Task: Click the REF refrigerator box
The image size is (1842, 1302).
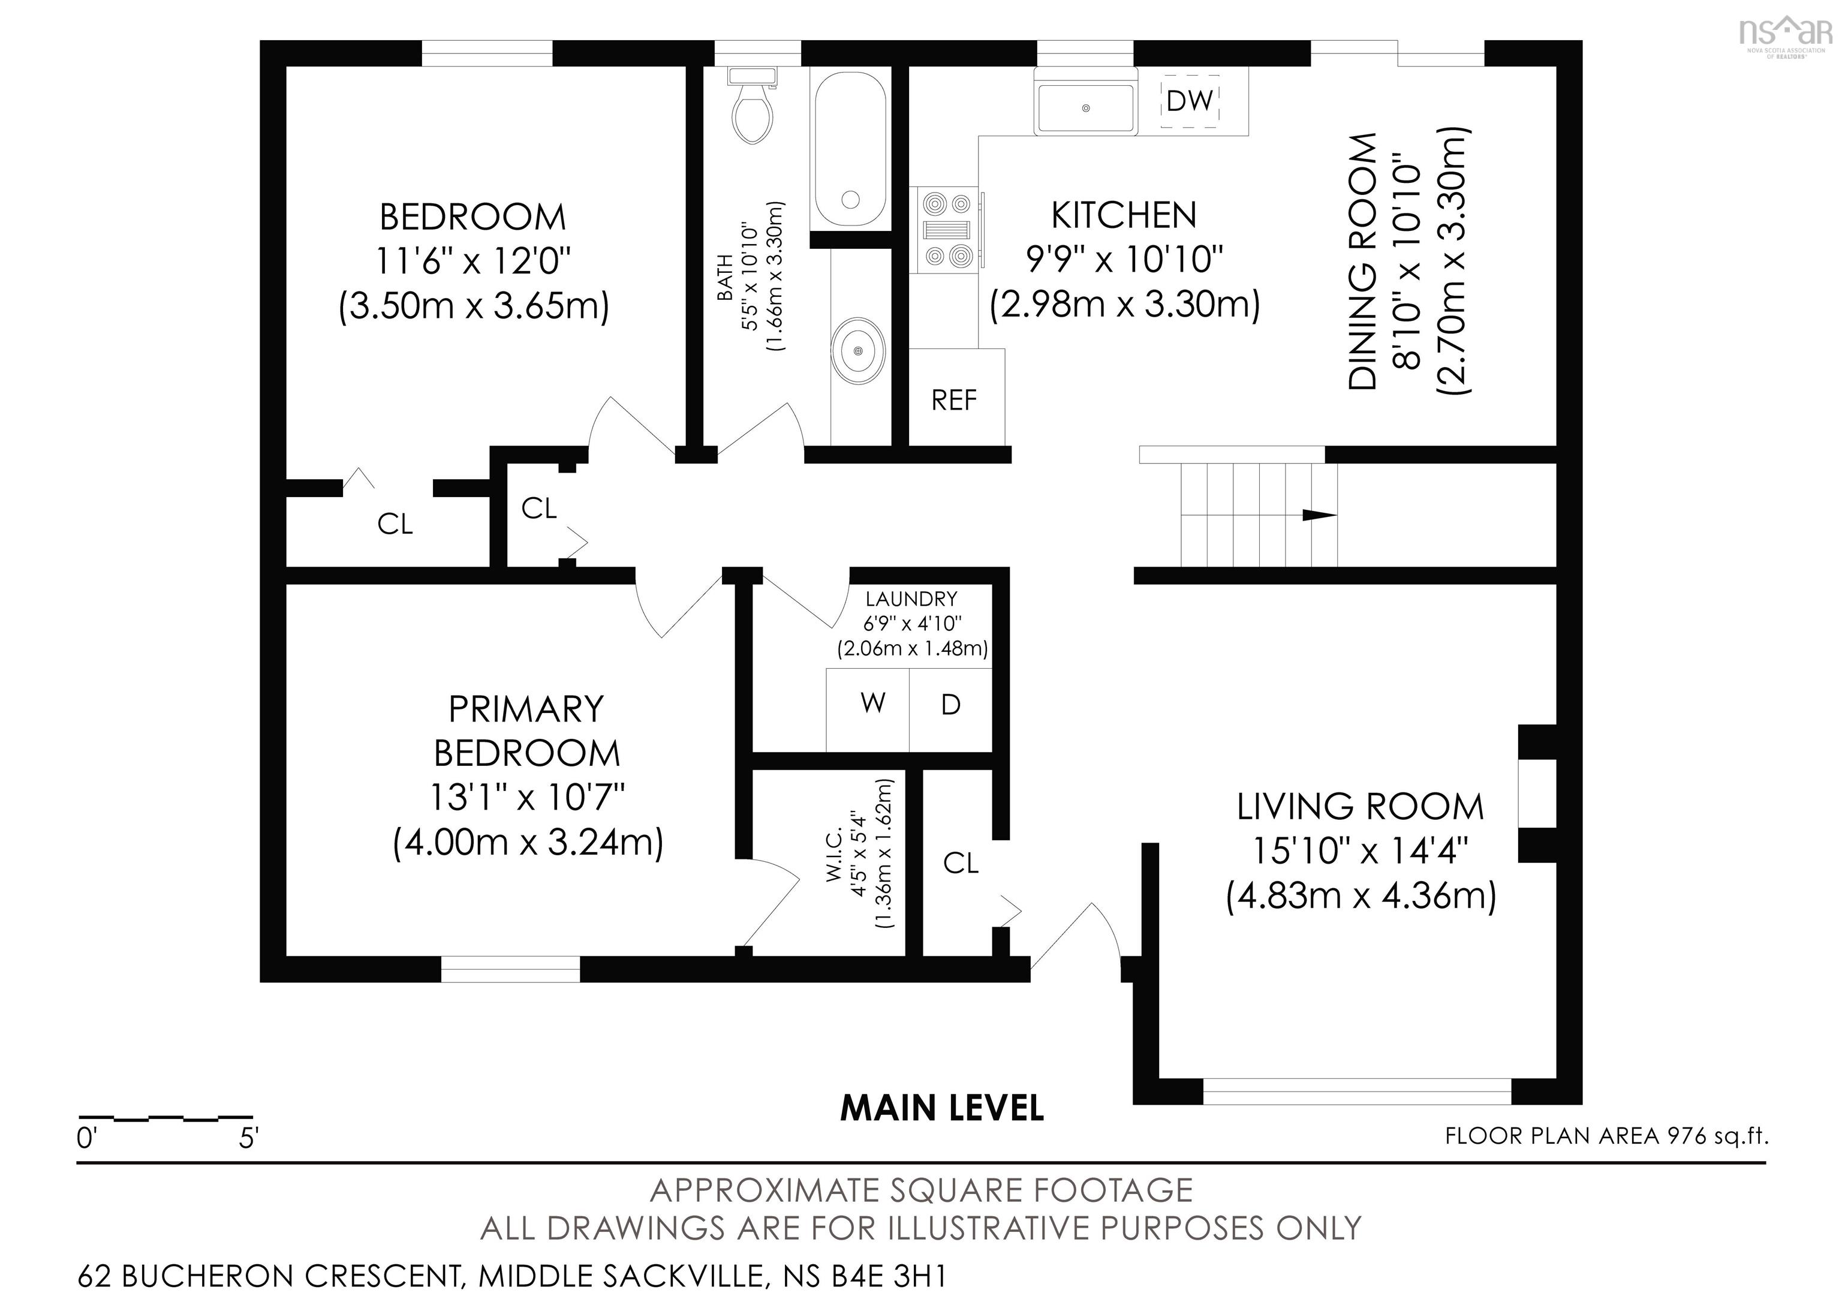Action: pyautogui.click(x=955, y=399)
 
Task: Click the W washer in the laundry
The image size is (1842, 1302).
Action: pyautogui.click(x=871, y=703)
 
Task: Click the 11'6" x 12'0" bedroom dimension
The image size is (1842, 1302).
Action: pyautogui.click(x=473, y=261)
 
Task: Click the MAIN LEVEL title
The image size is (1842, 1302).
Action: pyautogui.click(x=942, y=1108)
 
